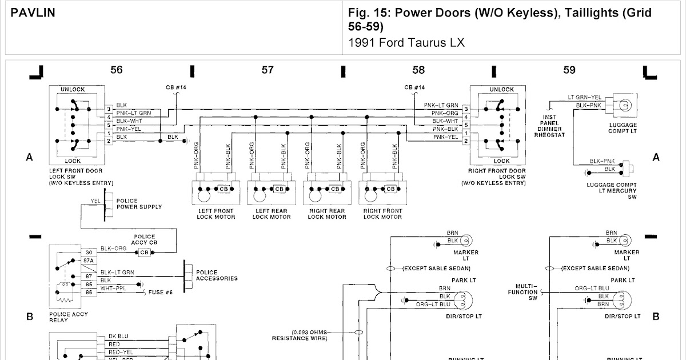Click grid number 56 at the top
[117, 70]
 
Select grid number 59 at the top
[569, 70]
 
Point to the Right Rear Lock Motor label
[327, 214]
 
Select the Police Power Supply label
[139, 204]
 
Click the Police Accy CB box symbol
[144, 253]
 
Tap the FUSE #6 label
[163, 292]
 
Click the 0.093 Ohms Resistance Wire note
[309, 335]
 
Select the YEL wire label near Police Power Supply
[95, 201]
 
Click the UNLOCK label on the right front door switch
[501, 90]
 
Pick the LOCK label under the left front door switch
[73, 161]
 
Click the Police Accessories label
[217, 275]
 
